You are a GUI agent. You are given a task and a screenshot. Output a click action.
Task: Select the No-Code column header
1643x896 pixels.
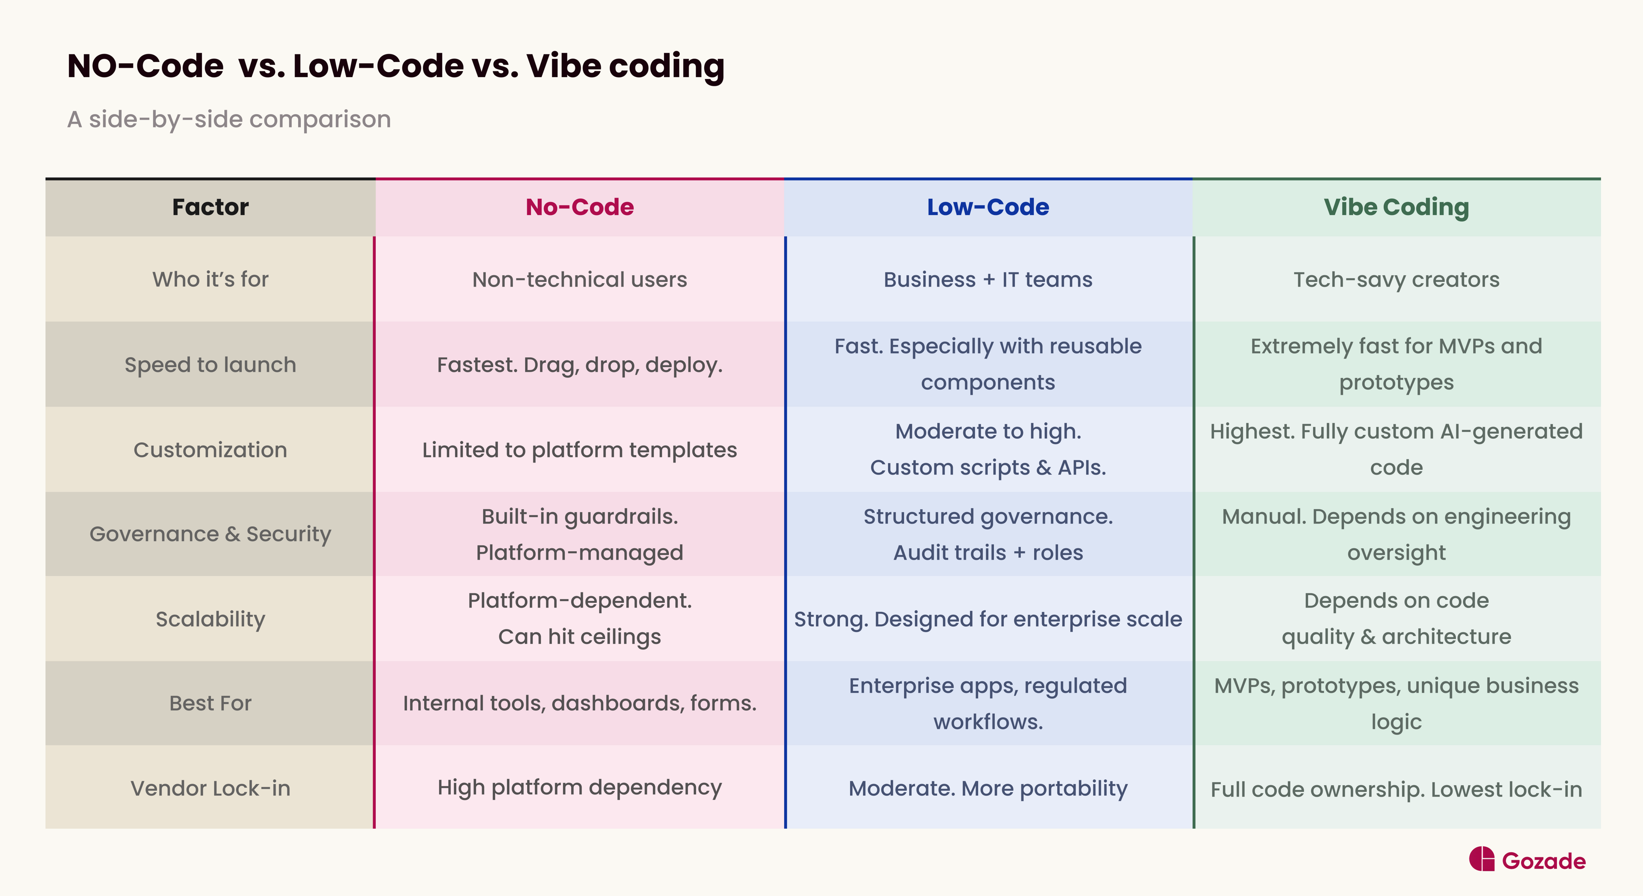(x=579, y=207)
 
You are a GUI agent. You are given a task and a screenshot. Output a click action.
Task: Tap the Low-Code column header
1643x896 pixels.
(x=988, y=207)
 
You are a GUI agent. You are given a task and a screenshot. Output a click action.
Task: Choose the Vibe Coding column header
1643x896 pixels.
(x=1396, y=207)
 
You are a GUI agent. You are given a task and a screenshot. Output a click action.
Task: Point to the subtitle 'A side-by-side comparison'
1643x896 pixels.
(x=229, y=119)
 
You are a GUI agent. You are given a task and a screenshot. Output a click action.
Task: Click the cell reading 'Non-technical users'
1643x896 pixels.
(x=579, y=279)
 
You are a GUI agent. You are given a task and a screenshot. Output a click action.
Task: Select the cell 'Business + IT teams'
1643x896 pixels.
(x=988, y=279)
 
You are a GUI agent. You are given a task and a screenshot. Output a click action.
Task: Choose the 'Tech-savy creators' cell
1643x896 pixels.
(x=1396, y=279)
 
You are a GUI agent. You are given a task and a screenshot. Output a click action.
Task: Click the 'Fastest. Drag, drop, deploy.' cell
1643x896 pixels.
(x=579, y=365)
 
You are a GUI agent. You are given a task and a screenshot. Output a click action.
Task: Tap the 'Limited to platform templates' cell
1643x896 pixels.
(x=579, y=450)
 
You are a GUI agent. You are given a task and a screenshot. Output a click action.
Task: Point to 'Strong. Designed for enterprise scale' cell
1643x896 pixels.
(x=988, y=619)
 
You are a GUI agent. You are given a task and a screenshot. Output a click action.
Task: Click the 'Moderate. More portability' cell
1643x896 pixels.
(x=988, y=788)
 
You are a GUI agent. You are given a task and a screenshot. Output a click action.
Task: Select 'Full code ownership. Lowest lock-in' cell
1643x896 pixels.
(x=1396, y=789)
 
